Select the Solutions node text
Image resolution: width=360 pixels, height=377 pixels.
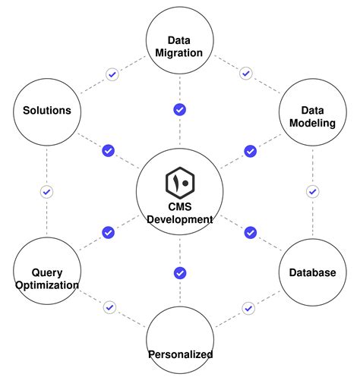click(x=46, y=111)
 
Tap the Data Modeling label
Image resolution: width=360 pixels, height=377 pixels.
click(x=312, y=117)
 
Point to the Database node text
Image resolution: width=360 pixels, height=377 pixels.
click(x=312, y=272)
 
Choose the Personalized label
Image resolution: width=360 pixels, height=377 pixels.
click(x=180, y=354)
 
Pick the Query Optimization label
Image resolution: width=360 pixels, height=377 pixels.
click(x=46, y=279)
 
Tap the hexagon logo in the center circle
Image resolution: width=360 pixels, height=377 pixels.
click(x=180, y=183)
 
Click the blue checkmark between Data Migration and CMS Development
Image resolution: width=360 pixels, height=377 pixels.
click(x=180, y=110)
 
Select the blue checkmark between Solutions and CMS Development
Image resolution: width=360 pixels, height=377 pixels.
click(x=108, y=151)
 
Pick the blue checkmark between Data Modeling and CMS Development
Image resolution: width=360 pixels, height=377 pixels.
click(x=250, y=151)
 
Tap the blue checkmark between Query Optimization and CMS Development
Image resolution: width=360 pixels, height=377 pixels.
click(x=108, y=232)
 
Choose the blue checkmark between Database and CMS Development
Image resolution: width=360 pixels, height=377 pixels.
click(x=250, y=232)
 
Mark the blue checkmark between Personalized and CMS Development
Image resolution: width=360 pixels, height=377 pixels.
click(x=180, y=272)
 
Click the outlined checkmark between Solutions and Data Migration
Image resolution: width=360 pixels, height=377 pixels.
click(x=112, y=74)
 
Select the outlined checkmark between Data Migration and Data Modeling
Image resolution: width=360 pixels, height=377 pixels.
click(x=245, y=74)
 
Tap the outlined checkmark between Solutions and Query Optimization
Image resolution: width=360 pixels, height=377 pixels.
click(x=46, y=192)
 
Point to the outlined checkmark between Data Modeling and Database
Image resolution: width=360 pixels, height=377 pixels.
click(x=312, y=192)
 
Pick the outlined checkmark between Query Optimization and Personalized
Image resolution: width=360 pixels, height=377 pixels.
click(x=110, y=308)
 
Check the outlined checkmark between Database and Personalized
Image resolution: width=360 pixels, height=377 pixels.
click(x=248, y=308)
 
